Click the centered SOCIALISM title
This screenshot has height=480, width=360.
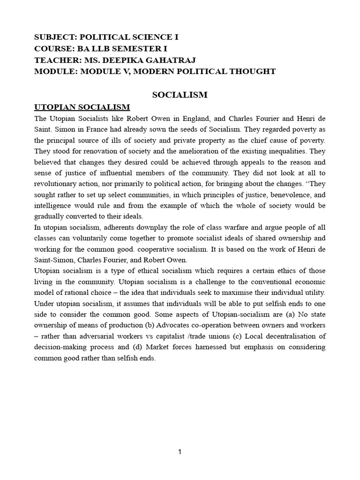(180, 95)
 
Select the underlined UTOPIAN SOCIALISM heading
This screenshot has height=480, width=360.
(82, 107)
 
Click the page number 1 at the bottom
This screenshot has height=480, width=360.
(180, 451)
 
